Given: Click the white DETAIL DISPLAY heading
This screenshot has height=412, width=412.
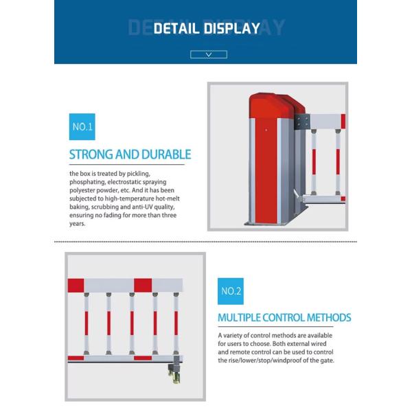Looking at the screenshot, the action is click(x=207, y=28).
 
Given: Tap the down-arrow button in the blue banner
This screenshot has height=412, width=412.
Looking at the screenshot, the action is click(x=209, y=54).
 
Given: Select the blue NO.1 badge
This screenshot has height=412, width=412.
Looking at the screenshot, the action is click(x=82, y=126).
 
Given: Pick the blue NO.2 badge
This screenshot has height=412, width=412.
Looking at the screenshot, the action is click(x=231, y=291).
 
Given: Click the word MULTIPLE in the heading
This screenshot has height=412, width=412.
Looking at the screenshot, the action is click(x=239, y=318).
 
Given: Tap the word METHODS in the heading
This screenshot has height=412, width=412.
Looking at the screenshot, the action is click(x=329, y=318).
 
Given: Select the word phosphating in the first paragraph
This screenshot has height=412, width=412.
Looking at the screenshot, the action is click(x=87, y=182).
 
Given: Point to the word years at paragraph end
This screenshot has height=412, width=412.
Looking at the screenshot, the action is click(x=77, y=224).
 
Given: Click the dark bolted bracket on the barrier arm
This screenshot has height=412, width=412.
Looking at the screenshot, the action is click(x=302, y=122).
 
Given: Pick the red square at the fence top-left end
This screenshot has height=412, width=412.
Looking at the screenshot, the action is click(x=76, y=286).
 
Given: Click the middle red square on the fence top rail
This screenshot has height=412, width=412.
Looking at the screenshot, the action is click(x=143, y=286).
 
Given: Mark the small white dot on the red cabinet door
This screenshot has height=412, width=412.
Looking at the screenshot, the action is click(x=266, y=130).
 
